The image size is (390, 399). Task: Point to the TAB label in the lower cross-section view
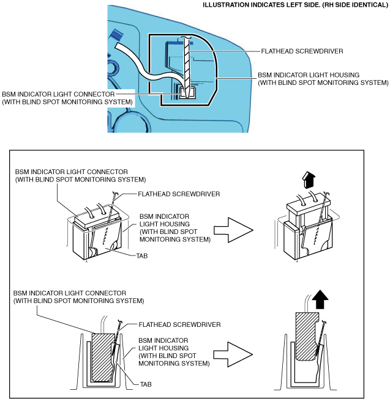(144, 384)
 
